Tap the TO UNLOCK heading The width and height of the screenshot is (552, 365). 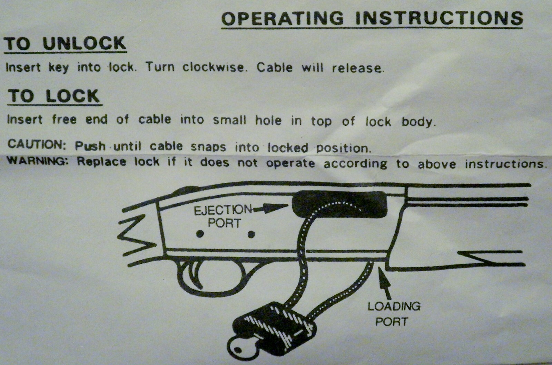65,44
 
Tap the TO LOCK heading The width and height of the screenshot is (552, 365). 54,96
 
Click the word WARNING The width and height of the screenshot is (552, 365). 38,161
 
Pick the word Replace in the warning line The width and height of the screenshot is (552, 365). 101,161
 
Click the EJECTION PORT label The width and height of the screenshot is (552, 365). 223,216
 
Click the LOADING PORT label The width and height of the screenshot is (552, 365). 393,314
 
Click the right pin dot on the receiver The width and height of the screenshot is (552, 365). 252,235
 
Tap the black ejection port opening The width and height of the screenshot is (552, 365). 340,204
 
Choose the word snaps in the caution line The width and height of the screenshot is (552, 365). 208,147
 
